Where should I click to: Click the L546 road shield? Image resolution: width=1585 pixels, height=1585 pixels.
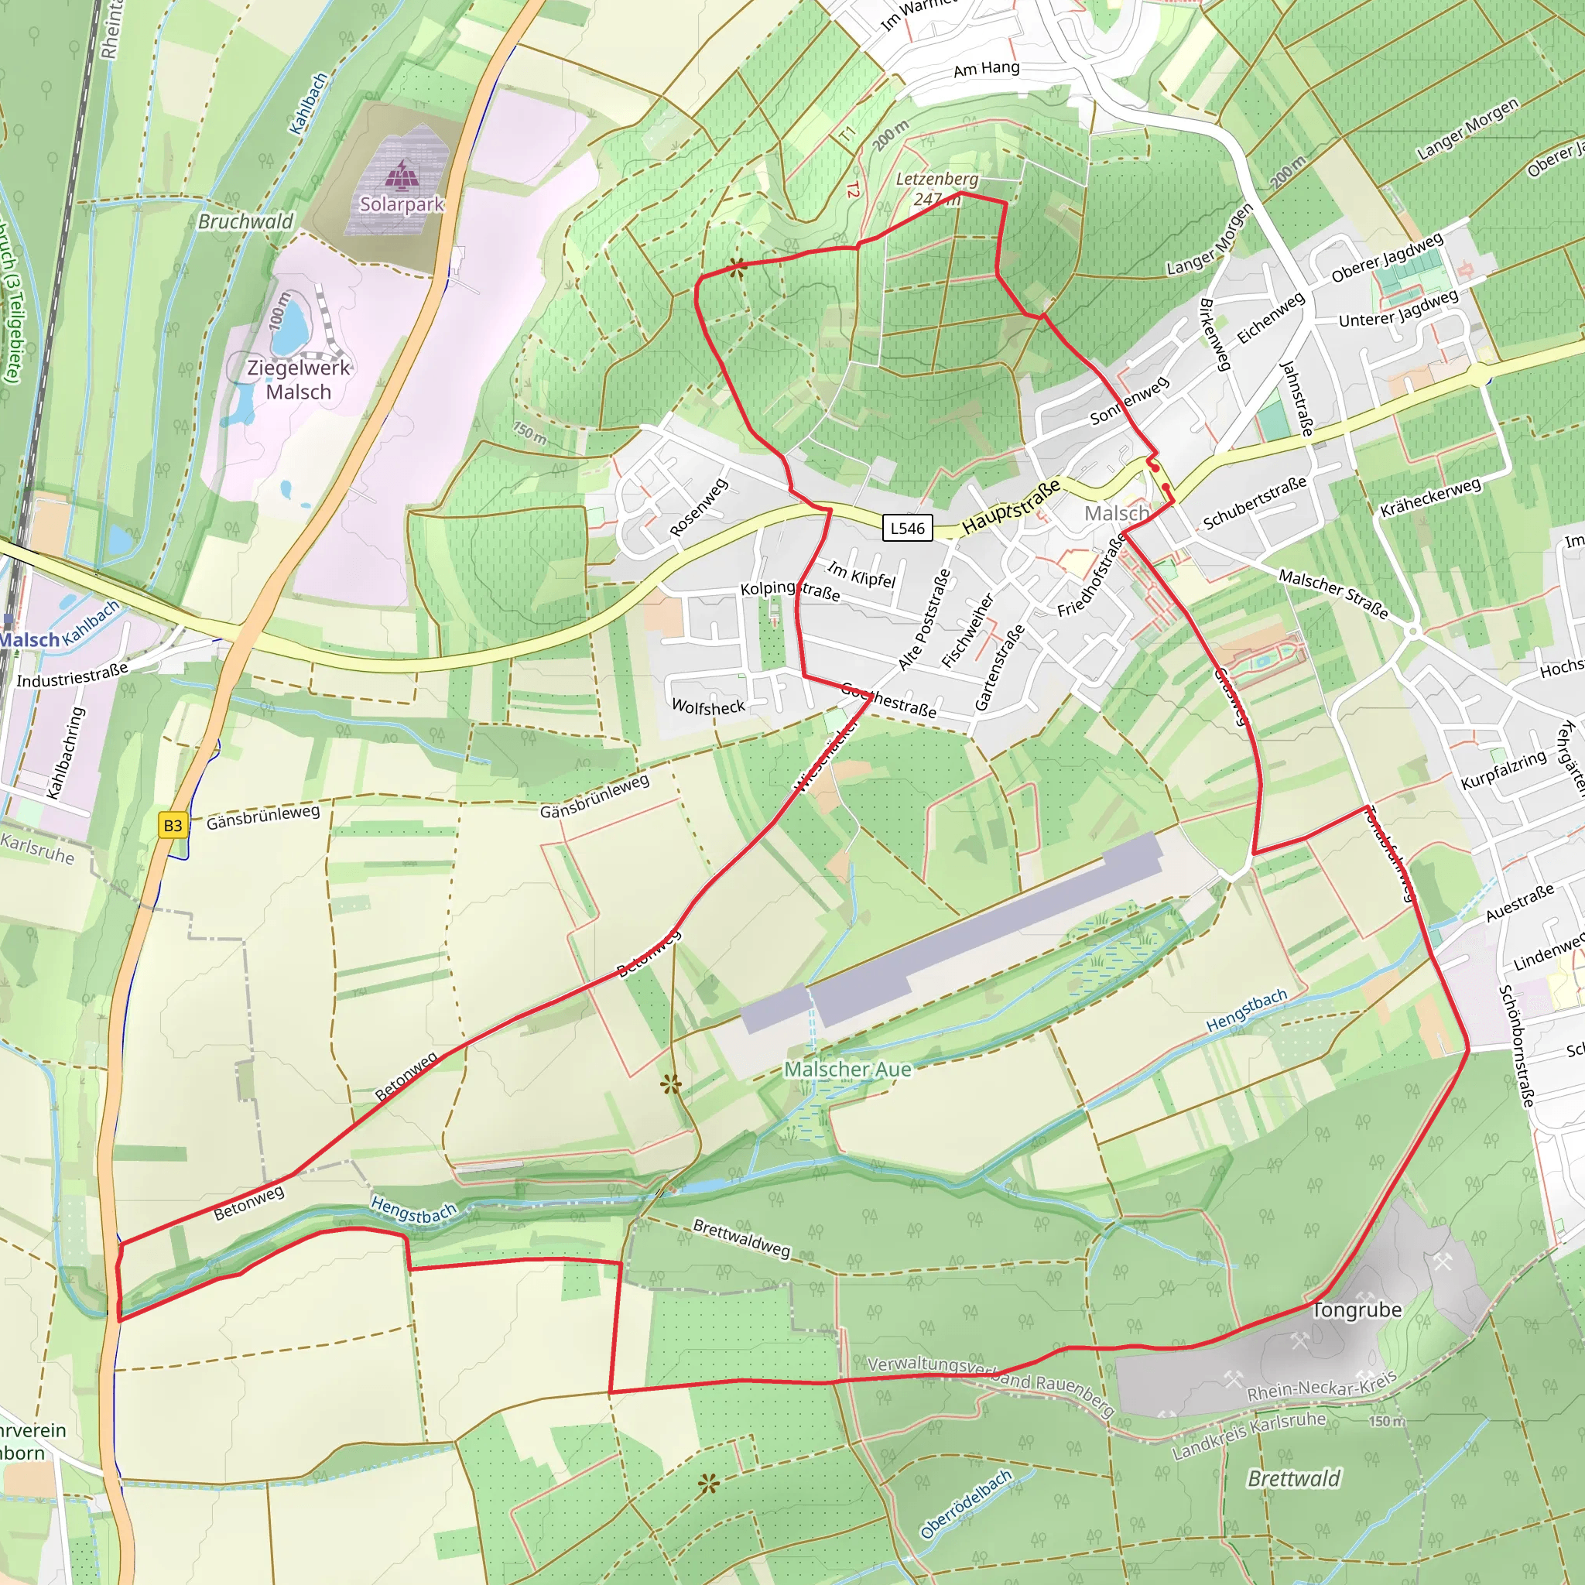907,528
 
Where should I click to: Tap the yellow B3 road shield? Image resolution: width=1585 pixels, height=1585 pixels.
173,825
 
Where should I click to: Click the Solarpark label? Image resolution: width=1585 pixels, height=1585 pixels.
402,204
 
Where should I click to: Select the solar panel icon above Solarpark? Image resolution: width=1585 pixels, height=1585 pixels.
402,175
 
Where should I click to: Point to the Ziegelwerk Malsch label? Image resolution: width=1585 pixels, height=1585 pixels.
299,380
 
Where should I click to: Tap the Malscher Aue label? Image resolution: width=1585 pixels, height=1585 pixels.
847,1069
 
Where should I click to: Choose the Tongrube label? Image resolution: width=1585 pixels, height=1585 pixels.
1357,1309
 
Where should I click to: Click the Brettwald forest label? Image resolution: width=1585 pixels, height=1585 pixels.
1294,1478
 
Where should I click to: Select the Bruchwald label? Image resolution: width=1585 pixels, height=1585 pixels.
245,221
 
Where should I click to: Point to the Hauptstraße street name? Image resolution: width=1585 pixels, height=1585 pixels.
1011,508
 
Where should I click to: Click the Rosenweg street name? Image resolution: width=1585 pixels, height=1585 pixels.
698,508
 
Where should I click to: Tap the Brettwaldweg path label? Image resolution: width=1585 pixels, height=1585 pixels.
741,1238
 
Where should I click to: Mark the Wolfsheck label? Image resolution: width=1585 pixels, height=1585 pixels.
708,707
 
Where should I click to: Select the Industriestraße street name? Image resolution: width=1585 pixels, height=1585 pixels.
72,675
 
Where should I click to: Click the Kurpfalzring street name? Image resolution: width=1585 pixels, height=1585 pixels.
1503,769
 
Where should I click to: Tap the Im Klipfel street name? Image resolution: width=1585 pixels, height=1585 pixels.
861,574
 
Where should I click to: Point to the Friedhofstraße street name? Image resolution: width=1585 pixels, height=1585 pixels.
1092,576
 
